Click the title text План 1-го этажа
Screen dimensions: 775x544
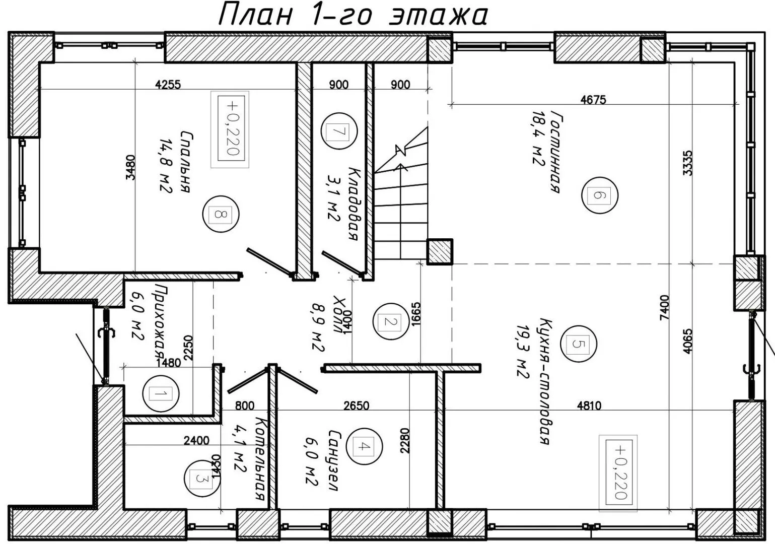tap(353, 16)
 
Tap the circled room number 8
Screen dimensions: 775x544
tap(221, 214)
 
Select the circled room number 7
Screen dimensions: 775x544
tap(339, 131)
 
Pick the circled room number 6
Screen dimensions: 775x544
tap(600, 195)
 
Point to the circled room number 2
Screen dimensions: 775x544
tap(391, 322)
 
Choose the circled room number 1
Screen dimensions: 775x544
tap(161, 393)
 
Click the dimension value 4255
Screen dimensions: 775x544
tap(168, 85)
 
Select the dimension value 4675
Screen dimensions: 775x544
tap(593, 100)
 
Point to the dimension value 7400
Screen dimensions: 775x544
tap(665, 307)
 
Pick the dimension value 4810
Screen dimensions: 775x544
tap(589, 405)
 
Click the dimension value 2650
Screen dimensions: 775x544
tap(357, 405)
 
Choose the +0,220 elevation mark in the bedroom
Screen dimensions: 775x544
tap(230, 129)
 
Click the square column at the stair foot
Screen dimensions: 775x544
tap(440, 251)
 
